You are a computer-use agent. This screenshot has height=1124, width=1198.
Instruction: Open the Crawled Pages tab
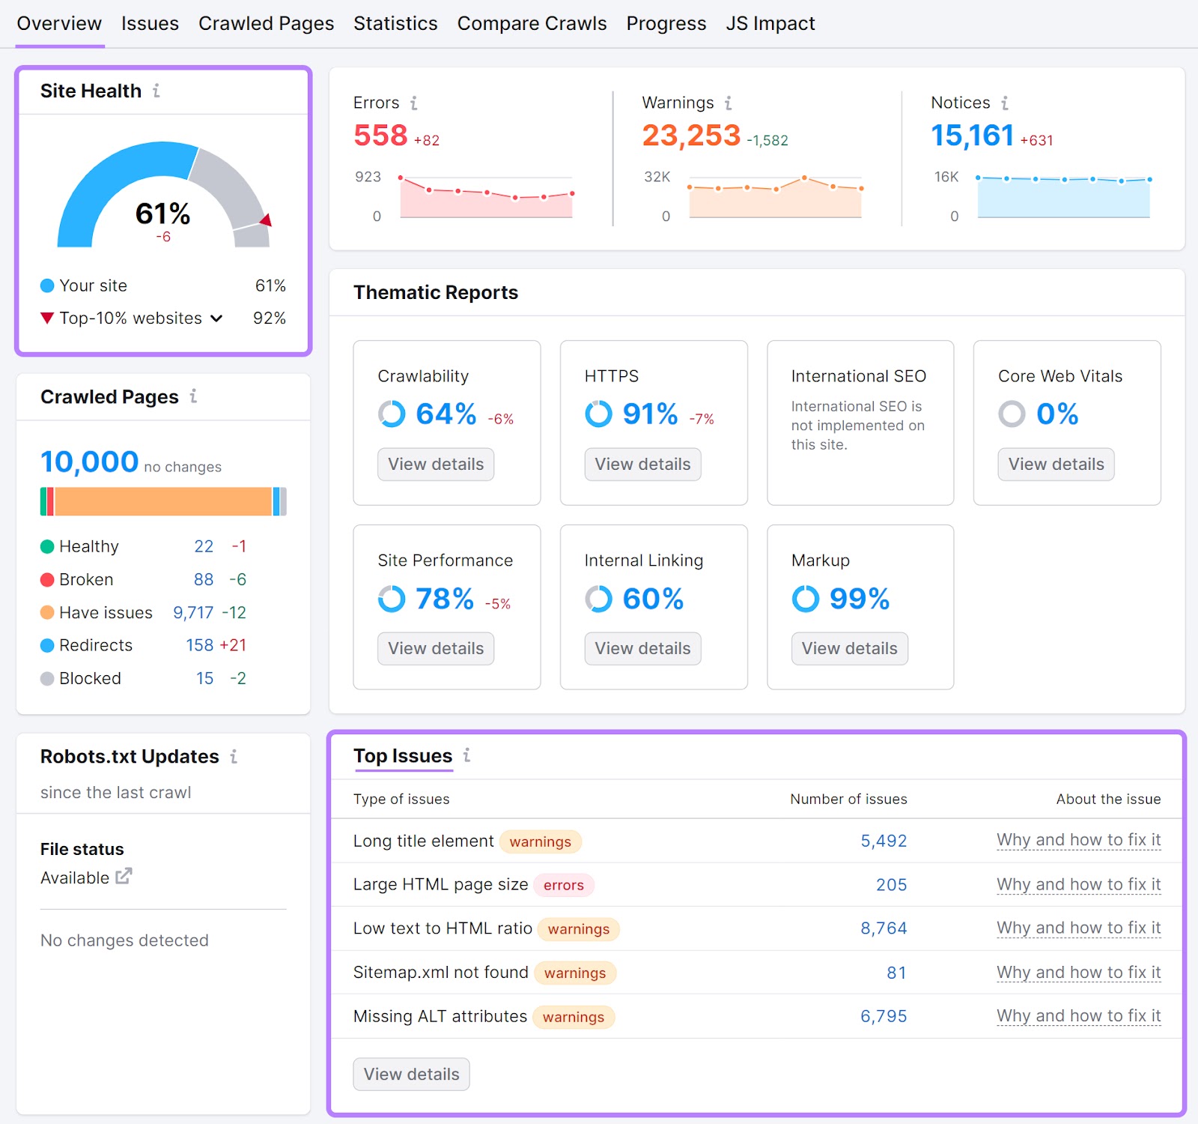point(266,24)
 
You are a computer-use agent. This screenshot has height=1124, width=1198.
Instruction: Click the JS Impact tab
point(770,24)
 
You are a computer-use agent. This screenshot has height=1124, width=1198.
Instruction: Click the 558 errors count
point(380,136)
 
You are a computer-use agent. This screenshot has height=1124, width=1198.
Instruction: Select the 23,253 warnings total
point(690,136)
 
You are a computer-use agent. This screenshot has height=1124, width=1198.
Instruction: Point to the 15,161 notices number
point(972,136)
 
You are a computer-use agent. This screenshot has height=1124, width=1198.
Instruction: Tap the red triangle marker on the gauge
point(266,220)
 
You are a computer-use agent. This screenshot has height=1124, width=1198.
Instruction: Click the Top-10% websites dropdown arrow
point(216,318)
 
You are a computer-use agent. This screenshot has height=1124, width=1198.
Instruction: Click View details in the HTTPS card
point(642,464)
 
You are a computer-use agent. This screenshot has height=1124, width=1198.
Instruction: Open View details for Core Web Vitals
point(1055,464)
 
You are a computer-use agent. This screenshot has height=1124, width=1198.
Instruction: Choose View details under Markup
point(849,648)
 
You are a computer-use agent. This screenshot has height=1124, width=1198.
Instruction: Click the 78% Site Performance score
point(444,599)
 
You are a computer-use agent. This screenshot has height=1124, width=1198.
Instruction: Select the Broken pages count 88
point(203,579)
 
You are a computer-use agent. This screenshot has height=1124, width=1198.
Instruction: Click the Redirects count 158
point(199,645)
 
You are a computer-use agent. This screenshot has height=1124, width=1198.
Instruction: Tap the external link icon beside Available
point(124,876)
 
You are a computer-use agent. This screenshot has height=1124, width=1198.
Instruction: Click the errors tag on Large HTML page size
point(563,885)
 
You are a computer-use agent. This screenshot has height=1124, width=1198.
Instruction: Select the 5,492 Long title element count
point(883,841)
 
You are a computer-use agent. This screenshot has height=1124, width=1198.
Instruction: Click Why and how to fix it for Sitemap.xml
point(1077,972)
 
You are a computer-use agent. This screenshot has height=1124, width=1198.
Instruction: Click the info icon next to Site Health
point(156,91)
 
